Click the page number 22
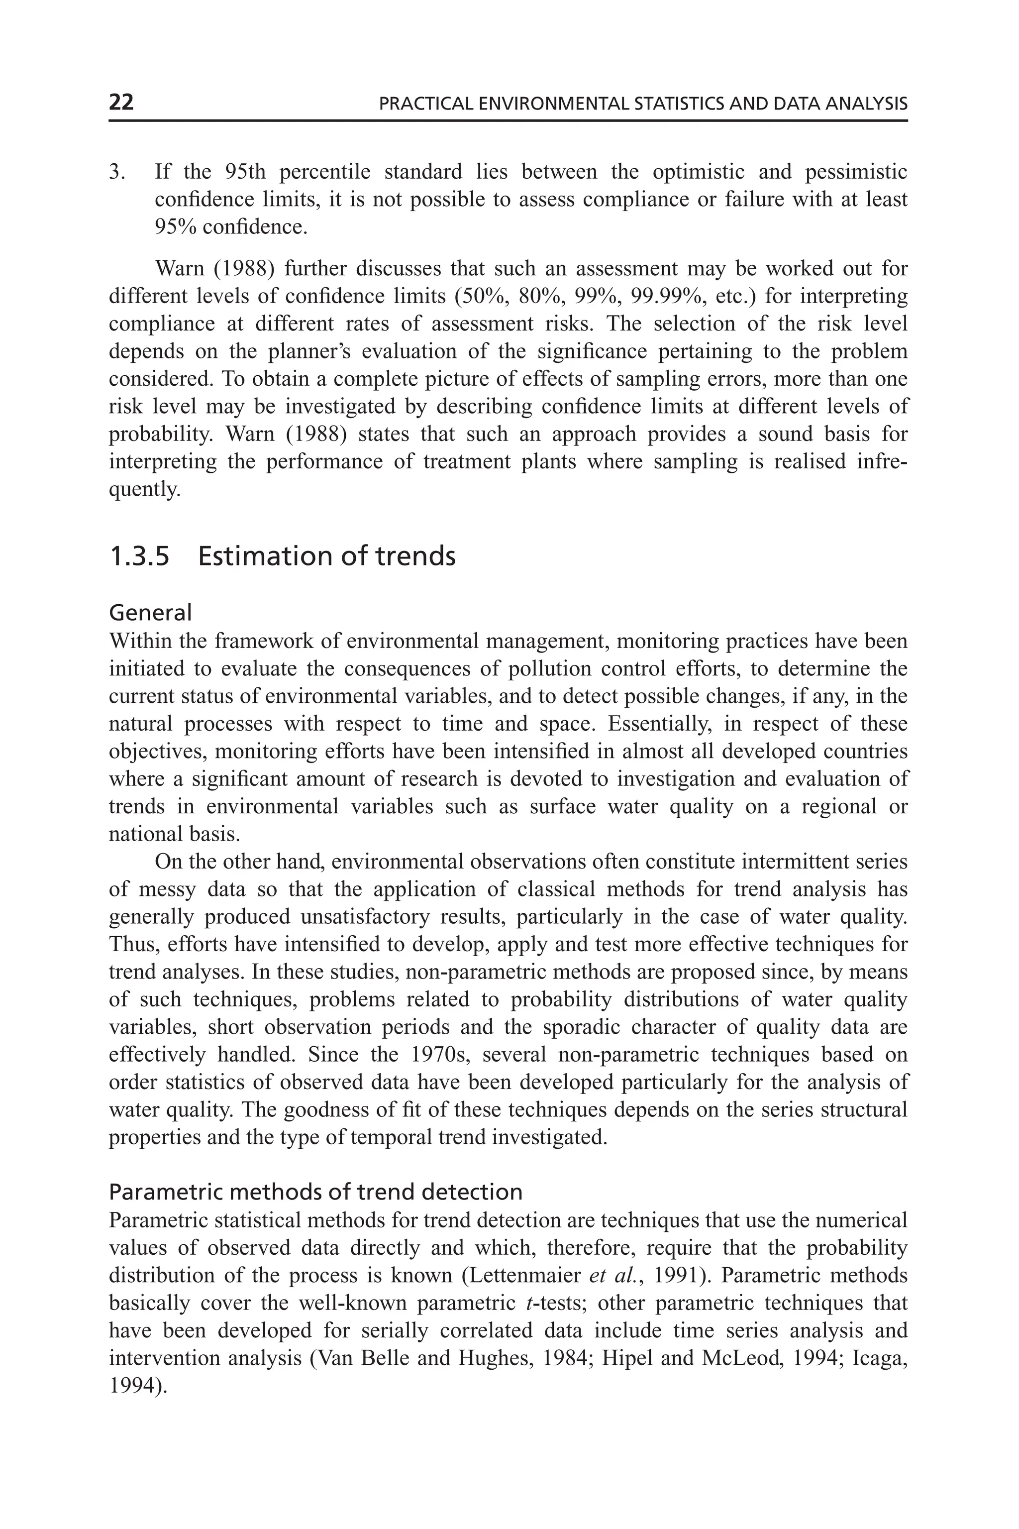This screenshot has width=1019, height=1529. tap(121, 103)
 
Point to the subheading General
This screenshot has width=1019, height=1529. tap(150, 612)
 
